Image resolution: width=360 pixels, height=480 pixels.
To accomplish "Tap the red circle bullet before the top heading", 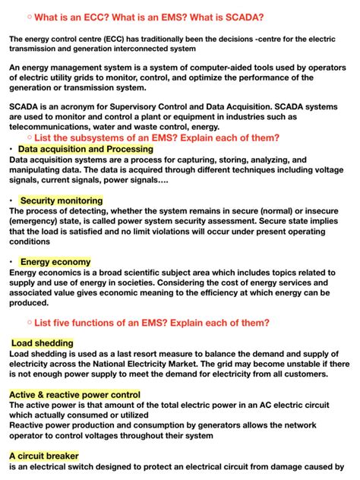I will click(x=28, y=16).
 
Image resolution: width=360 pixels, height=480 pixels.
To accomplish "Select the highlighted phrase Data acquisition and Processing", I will click(x=85, y=150).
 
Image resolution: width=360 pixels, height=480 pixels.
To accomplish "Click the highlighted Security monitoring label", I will click(x=61, y=201).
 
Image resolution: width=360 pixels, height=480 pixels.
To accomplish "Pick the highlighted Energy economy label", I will click(x=55, y=262).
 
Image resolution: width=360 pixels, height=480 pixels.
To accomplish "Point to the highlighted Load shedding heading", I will click(x=43, y=343).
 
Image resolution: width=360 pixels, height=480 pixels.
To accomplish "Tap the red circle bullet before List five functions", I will click(x=28, y=322).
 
